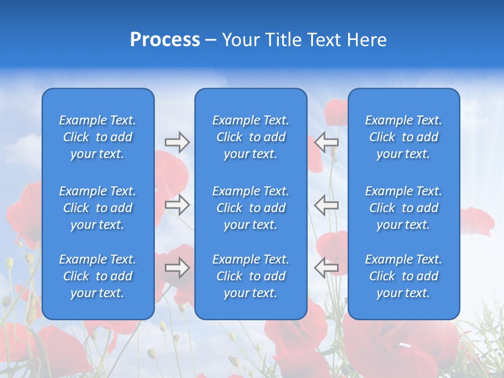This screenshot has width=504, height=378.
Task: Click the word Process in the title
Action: click(x=165, y=40)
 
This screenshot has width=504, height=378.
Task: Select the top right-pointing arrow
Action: click(x=177, y=142)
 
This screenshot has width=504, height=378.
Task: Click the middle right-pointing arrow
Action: click(x=177, y=205)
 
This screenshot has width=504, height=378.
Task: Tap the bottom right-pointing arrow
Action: click(x=177, y=268)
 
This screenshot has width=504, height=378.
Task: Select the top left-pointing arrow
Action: click(x=327, y=142)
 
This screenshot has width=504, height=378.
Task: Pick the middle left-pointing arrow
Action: click(x=327, y=205)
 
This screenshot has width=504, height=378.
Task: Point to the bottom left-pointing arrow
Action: click(x=327, y=267)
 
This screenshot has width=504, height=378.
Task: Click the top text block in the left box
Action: click(x=98, y=137)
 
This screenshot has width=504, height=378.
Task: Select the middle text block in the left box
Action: click(x=98, y=208)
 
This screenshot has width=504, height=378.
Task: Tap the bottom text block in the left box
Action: click(x=98, y=276)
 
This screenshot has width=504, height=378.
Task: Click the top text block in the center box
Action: click(x=250, y=137)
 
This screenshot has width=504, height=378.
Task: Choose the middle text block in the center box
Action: click(x=250, y=208)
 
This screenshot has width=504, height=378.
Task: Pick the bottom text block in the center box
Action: click(x=250, y=276)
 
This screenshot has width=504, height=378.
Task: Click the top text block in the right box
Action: click(x=403, y=137)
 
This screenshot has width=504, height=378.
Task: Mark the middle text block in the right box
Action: click(x=403, y=208)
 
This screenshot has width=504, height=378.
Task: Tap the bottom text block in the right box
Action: click(x=403, y=276)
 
